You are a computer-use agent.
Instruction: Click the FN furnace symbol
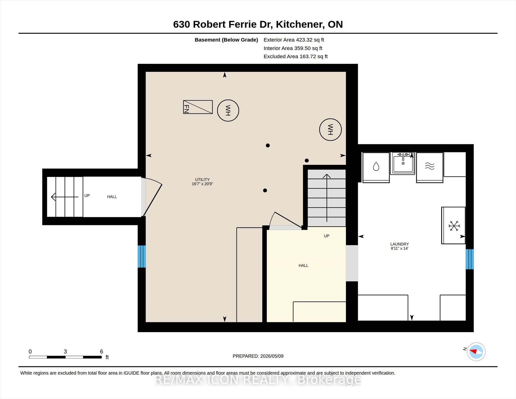(198, 107)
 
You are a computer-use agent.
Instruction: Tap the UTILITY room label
(202, 179)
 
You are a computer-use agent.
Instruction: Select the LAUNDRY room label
(400, 244)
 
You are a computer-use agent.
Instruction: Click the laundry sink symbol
(403, 163)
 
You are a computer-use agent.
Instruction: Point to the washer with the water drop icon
(376, 167)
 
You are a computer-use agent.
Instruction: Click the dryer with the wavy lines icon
(430, 167)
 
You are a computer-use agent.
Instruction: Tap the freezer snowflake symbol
(454, 226)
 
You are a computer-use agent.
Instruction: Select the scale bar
(65, 357)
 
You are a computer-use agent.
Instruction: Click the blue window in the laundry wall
(470, 259)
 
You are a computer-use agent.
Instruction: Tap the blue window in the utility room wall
(142, 256)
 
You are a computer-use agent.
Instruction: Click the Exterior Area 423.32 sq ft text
(294, 40)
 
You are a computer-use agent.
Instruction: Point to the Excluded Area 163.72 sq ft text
(296, 56)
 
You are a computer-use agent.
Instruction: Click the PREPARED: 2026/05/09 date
(258, 356)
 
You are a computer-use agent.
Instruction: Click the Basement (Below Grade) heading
(226, 40)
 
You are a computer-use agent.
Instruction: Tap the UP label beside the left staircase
(87, 196)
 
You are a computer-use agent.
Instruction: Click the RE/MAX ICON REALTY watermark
(258, 380)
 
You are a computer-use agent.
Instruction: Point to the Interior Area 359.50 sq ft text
(293, 48)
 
